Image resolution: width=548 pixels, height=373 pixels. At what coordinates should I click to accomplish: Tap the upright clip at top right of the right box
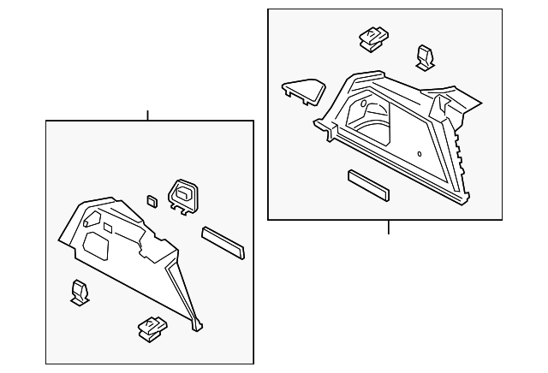point(426,56)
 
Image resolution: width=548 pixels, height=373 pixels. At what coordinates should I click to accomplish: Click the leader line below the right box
point(388,227)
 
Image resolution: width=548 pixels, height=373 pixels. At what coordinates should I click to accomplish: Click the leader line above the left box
point(148,115)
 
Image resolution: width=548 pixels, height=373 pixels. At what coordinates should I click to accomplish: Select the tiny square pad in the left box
point(152,202)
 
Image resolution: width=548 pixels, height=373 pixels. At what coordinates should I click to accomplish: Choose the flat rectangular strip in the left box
point(223,241)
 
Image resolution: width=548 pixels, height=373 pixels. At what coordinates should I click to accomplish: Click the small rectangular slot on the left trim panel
point(109,228)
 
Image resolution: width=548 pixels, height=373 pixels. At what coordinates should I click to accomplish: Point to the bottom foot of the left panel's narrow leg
point(199,325)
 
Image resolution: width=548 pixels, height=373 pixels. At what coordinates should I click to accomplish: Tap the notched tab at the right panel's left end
point(325,128)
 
